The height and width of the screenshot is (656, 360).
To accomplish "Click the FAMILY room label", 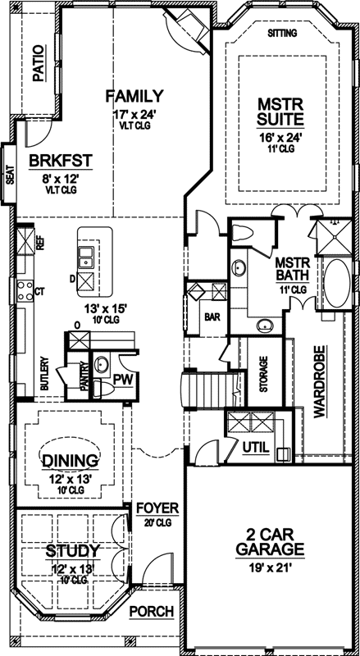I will point(134,96).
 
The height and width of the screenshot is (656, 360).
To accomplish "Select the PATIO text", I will point(36,65).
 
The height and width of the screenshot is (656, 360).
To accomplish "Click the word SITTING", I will point(283,34).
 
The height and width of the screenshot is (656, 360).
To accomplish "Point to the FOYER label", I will point(152,508).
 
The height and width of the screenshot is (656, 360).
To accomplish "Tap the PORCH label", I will point(152,612).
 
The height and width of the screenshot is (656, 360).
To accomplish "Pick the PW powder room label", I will point(124,379).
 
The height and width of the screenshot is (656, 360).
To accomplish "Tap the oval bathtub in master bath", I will point(337,284).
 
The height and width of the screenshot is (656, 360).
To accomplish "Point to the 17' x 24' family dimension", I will point(134,116).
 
